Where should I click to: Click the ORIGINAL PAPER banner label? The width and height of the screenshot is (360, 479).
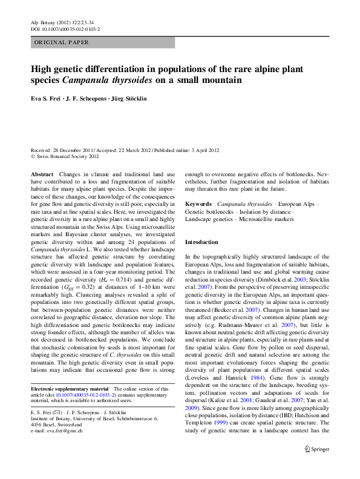click(x=62, y=42)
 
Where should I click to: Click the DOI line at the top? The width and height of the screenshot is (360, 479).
click(x=65, y=29)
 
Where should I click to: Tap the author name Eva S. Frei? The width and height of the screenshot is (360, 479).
click(x=49, y=97)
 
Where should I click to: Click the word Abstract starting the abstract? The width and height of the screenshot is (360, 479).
click(x=42, y=174)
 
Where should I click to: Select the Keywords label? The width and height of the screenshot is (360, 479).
click(x=198, y=204)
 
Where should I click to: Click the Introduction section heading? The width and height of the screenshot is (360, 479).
click(x=201, y=242)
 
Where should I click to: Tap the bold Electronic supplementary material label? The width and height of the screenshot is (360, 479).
click(x=70, y=388)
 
